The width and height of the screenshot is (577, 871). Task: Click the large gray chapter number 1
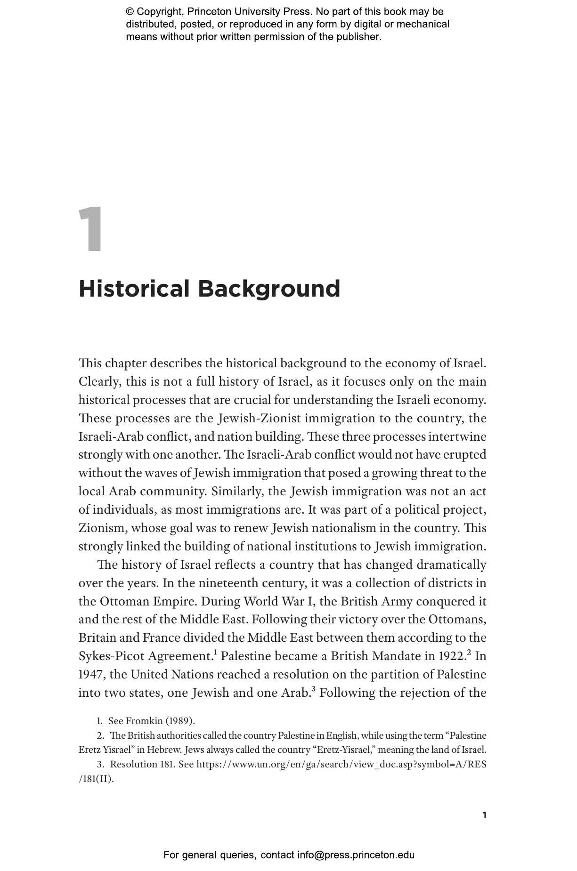tap(90, 229)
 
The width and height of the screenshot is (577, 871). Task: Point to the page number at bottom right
tap(485, 815)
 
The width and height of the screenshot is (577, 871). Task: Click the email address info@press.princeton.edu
tap(356, 855)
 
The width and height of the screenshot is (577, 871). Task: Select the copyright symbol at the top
tap(130, 12)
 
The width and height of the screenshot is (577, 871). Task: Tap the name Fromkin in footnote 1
tap(144, 721)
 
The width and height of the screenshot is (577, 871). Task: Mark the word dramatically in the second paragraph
tap(451, 565)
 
